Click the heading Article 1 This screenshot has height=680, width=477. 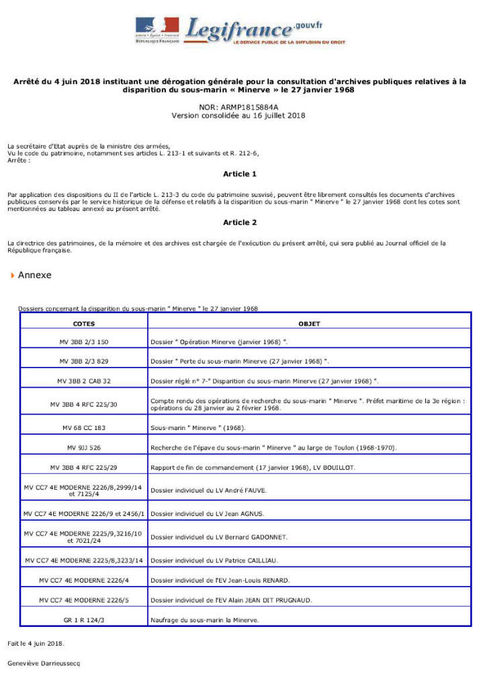tap(239, 174)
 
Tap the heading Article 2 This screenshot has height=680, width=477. tap(239, 222)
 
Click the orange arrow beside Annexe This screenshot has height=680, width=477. tap(12, 275)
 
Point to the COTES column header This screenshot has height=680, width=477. tap(83, 324)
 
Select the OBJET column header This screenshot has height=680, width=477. tap(309, 324)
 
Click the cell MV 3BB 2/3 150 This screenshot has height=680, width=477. tap(83, 342)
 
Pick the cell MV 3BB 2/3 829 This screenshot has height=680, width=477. tap(83, 362)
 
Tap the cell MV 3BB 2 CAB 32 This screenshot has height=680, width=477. tap(83, 381)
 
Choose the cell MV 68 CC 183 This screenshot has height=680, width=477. tap(83, 428)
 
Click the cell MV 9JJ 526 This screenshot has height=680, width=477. tap(83, 448)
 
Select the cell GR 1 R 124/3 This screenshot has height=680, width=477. tap(83, 620)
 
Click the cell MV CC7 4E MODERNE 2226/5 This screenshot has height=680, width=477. tap(83, 600)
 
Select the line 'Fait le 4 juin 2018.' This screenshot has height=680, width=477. tap(36, 643)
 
